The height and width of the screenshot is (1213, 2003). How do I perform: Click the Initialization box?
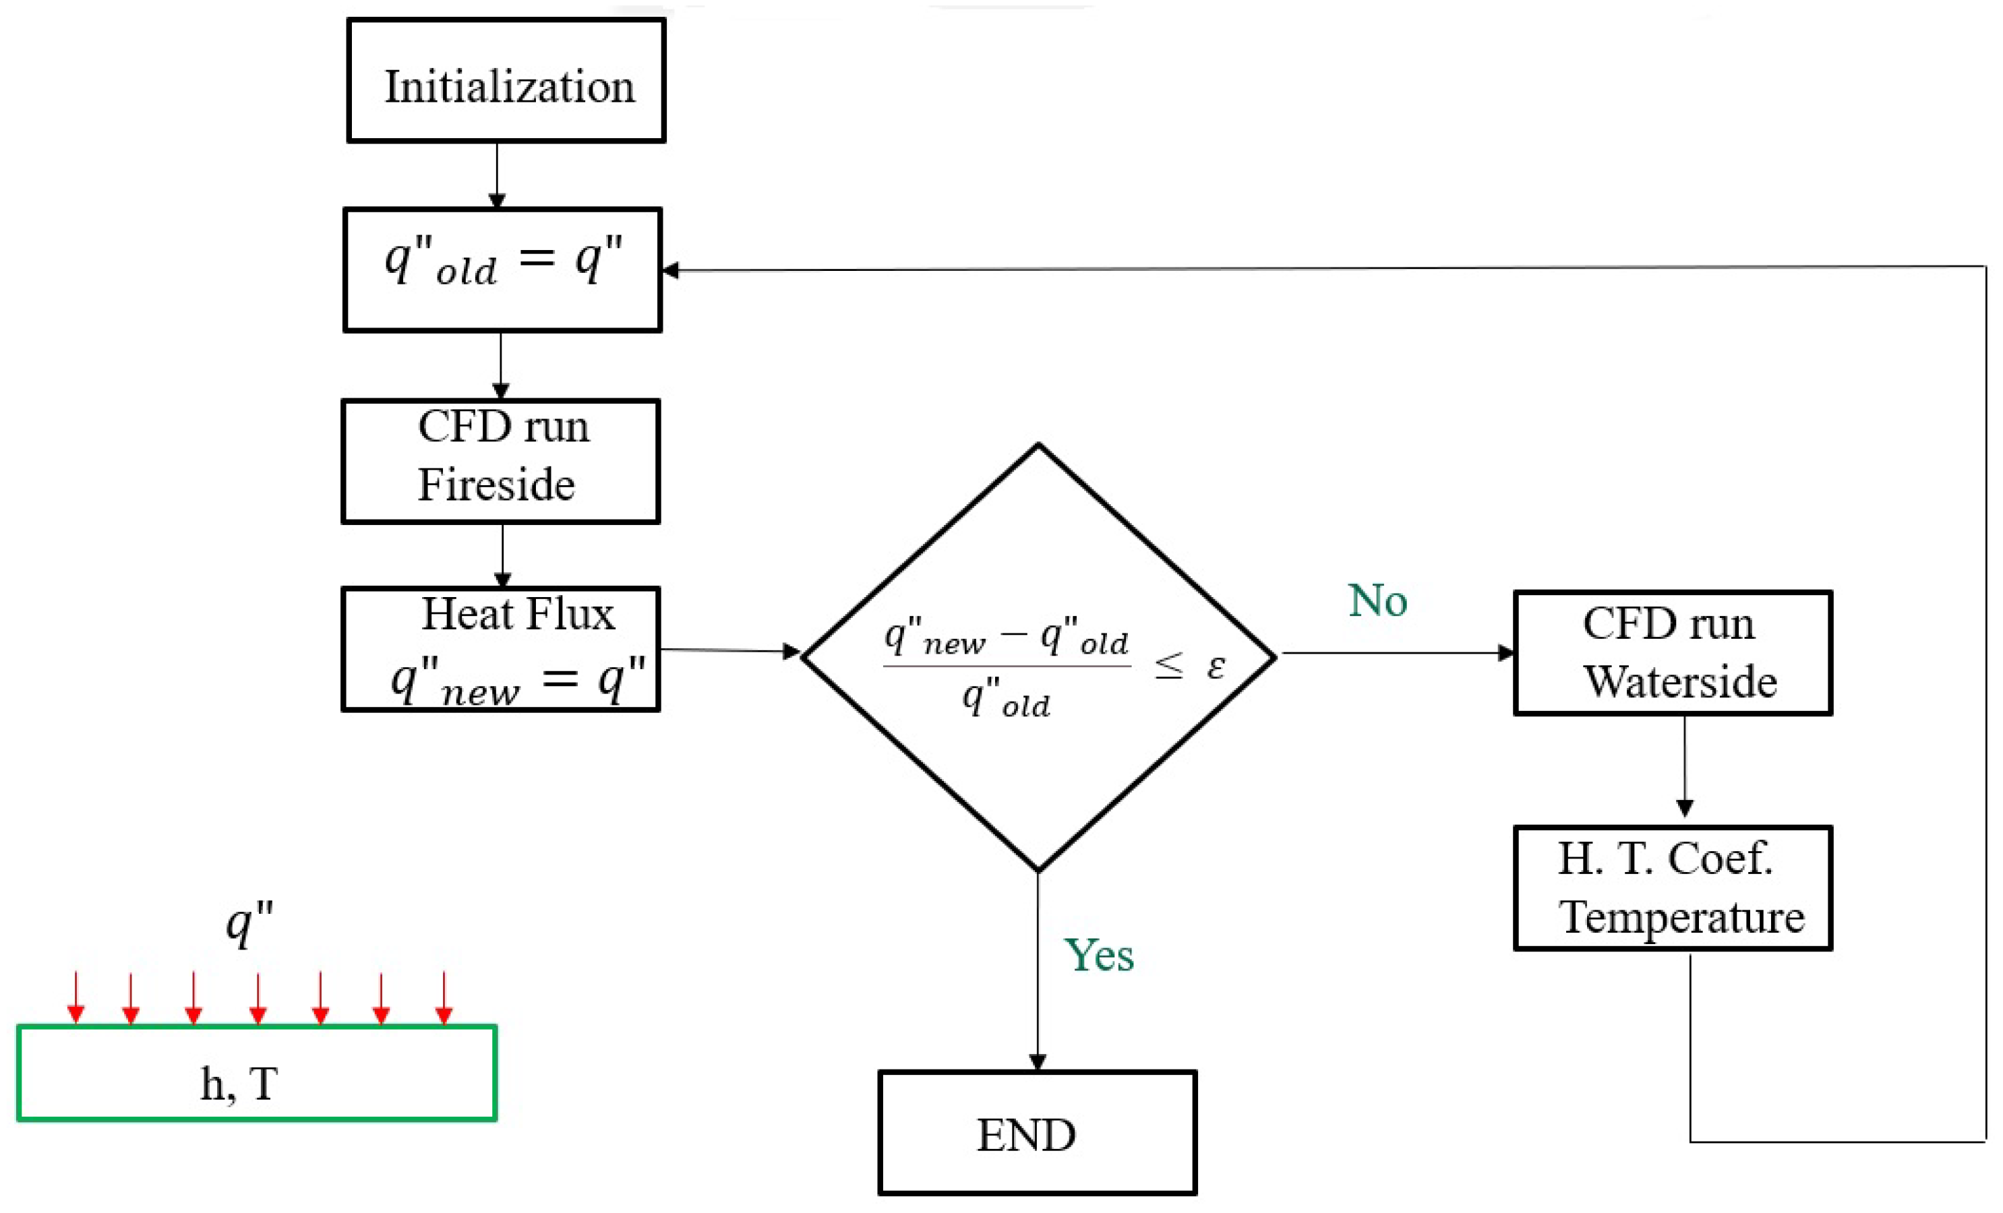coord(506,82)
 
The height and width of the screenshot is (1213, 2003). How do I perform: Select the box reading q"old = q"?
coord(502,270)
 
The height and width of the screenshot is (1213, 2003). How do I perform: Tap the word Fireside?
coord(496,485)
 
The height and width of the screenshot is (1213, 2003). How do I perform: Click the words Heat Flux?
coord(518,613)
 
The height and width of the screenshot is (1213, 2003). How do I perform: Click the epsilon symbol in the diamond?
coord(1216,666)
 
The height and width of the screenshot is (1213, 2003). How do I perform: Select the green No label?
coord(1377,600)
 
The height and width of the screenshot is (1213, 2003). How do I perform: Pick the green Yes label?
coord(1098,955)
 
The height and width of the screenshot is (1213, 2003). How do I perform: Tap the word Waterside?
coord(1680,681)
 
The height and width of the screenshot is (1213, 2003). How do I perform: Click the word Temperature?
coord(1682,917)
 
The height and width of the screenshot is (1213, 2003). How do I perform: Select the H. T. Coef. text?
coord(1664,859)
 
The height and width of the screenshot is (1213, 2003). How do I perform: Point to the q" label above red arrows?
coord(249,924)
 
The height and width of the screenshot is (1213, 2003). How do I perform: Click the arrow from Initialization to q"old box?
coord(497,175)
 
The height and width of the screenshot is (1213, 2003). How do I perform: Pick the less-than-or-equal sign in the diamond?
coord(1169,666)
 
